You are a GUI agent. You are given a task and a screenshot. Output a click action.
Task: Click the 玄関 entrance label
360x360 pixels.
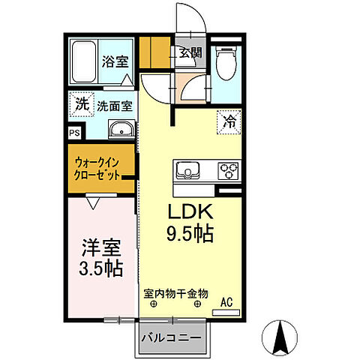(x=190, y=52)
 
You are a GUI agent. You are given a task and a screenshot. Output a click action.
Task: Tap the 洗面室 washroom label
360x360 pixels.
(x=115, y=106)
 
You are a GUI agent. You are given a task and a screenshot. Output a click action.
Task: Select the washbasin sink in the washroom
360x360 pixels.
(x=120, y=131)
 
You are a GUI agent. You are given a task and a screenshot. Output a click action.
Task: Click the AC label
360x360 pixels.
(x=226, y=302)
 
